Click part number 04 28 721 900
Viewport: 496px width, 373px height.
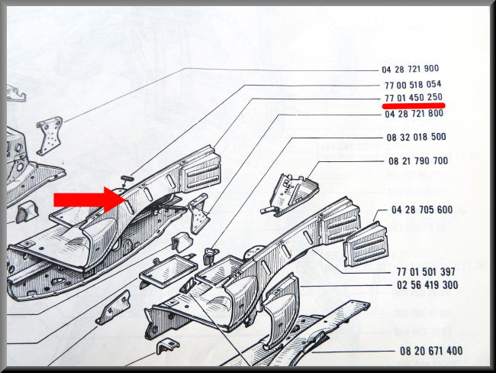click(410, 69)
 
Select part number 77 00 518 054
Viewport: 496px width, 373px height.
click(413, 85)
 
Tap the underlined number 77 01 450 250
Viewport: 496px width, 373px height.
click(414, 97)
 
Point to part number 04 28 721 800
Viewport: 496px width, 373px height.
click(414, 113)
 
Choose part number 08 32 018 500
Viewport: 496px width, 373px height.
click(417, 138)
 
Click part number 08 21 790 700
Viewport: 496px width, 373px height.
click(418, 161)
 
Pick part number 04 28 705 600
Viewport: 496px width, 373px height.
click(422, 209)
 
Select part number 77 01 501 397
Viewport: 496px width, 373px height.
click(426, 271)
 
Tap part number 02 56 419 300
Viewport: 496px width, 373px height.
click(427, 285)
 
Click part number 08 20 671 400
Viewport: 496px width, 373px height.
click(431, 351)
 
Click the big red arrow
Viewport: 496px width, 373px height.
click(90, 199)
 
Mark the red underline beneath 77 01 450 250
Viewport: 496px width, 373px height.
click(414, 105)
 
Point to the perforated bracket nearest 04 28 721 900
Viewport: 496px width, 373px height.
click(50, 135)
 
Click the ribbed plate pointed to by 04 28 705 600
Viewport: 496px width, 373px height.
click(366, 245)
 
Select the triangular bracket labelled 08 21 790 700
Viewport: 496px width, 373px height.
click(292, 194)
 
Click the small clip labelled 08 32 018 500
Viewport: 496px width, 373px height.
click(211, 255)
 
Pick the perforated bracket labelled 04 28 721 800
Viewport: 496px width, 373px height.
click(198, 214)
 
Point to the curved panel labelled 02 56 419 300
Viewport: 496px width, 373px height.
click(280, 310)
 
